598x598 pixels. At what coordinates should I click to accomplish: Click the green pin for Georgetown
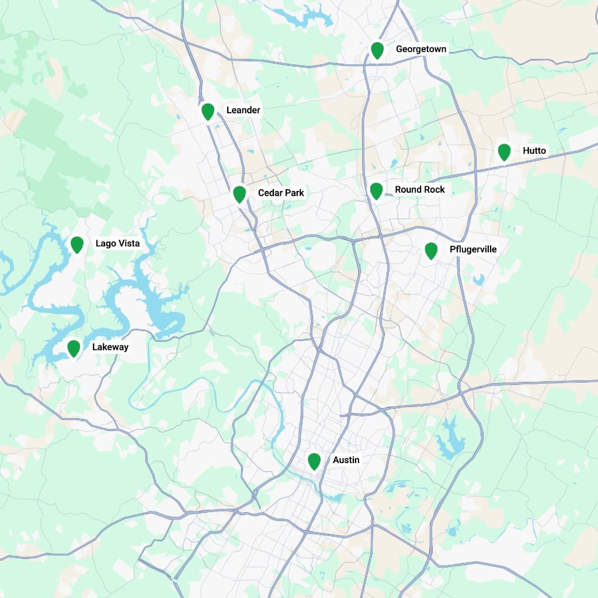377,50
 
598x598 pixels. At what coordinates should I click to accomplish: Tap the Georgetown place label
421,49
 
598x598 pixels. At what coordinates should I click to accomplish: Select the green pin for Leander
208,111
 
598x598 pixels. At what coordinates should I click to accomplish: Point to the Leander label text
243,110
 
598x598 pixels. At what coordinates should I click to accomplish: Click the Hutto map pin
505,152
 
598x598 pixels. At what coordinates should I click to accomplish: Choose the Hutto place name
534,151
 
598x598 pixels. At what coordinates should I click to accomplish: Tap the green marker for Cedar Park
239,194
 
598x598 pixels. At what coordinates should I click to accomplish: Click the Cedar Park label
281,193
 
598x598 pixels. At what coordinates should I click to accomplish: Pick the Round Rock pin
376,190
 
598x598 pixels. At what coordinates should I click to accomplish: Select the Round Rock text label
420,189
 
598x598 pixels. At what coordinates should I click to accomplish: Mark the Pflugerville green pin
431,251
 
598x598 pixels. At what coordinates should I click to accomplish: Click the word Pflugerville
473,249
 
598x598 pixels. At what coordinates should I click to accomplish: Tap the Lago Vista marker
77,245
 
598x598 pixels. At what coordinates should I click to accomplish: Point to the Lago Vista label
117,243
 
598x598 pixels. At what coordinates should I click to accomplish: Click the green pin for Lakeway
74,349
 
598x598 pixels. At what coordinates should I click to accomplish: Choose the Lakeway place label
110,347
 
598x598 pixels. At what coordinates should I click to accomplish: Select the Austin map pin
314,461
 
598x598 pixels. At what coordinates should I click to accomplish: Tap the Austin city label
346,460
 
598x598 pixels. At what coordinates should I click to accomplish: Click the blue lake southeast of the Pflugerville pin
479,279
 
